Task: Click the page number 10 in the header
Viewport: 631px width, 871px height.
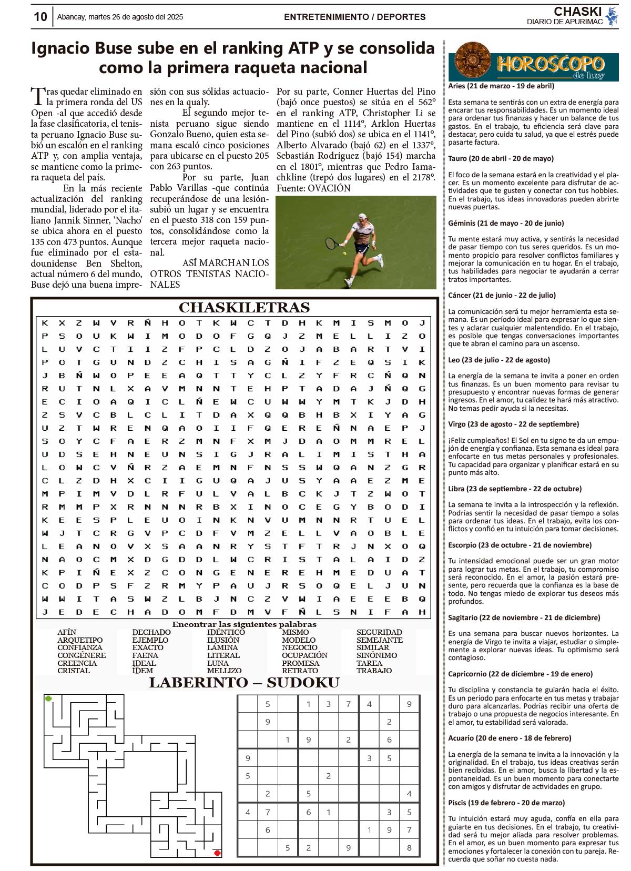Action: click(x=40, y=17)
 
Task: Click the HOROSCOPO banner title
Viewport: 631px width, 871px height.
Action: click(x=550, y=64)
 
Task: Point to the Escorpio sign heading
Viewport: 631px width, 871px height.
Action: click(x=520, y=545)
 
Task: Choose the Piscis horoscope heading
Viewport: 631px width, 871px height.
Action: click(x=506, y=803)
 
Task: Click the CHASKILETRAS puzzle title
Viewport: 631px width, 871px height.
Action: click(x=244, y=308)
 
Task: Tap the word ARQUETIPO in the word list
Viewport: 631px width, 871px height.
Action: click(x=80, y=640)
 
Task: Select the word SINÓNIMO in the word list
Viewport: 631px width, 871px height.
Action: click(x=376, y=655)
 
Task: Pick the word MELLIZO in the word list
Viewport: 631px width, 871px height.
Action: click(x=224, y=671)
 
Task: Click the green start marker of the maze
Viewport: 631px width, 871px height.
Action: click(x=49, y=698)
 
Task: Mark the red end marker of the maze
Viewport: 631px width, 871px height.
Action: click(x=217, y=853)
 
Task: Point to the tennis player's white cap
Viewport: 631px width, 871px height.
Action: click(x=362, y=217)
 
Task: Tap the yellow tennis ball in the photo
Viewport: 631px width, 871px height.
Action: click(x=344, y=253)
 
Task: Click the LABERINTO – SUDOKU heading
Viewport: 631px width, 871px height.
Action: click(x=244, y=683)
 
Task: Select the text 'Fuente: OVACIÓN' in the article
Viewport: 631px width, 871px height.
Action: click(x=313, y=188)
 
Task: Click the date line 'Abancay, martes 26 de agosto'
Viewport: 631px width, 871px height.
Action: click(x=120, y=17)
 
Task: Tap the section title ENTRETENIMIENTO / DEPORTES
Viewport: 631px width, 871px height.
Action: click(x=354, y=17)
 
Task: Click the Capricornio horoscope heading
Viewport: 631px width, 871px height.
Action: click(x=520, y=674)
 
